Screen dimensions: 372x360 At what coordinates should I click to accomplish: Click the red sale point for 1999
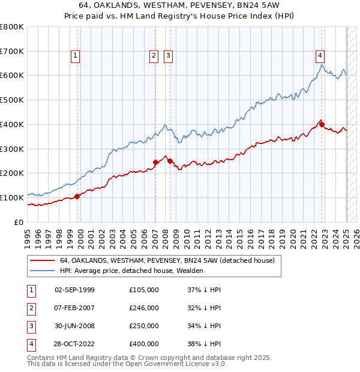click(x=77, y=196)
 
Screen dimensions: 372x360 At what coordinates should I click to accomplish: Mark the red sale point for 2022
click(x=322, y=125)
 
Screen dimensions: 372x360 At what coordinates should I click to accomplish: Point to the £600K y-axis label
click(x=12, y=76)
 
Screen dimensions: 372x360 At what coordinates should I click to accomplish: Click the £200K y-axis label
click(x=12, y=173)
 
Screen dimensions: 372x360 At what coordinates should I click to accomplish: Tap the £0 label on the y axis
click(x=19, y=222)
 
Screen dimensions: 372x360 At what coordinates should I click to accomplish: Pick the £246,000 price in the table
click(x=144, y=308)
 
